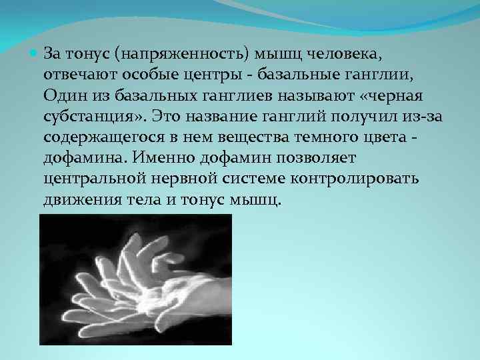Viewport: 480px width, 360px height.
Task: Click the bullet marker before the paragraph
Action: (34, 51)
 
